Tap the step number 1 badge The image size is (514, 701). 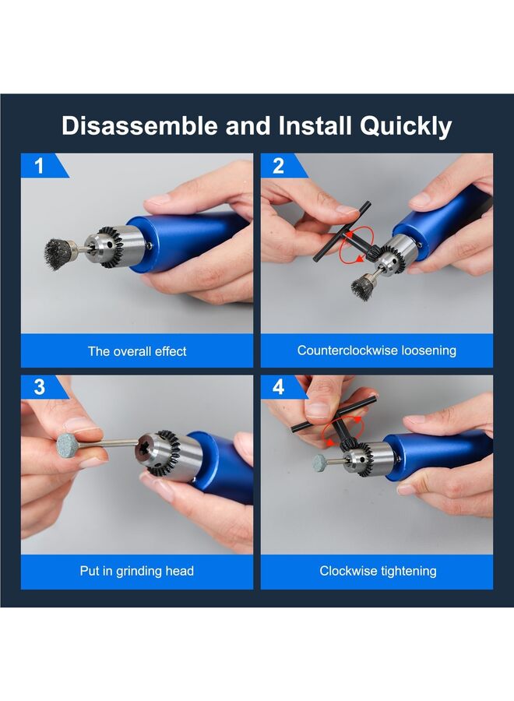39,165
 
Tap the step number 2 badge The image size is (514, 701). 279,165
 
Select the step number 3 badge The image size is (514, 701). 39,387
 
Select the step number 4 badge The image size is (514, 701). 279,387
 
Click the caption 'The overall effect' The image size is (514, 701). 137,351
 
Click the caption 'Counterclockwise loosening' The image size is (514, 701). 377,350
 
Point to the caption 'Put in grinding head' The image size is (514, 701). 137,571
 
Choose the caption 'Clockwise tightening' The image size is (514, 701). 377,571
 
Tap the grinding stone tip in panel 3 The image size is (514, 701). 69,445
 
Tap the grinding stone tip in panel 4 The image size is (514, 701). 321,463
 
